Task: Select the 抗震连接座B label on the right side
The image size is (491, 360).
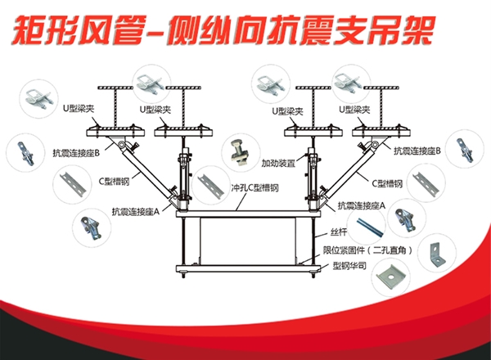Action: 417,151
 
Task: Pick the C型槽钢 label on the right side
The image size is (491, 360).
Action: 389,183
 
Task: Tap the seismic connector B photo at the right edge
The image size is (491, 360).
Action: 464,151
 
